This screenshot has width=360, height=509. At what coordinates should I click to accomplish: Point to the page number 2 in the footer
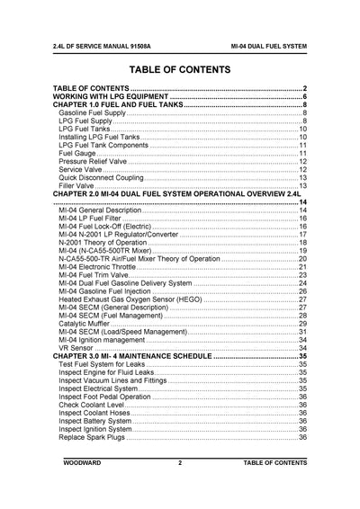[x=180, y=462]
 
